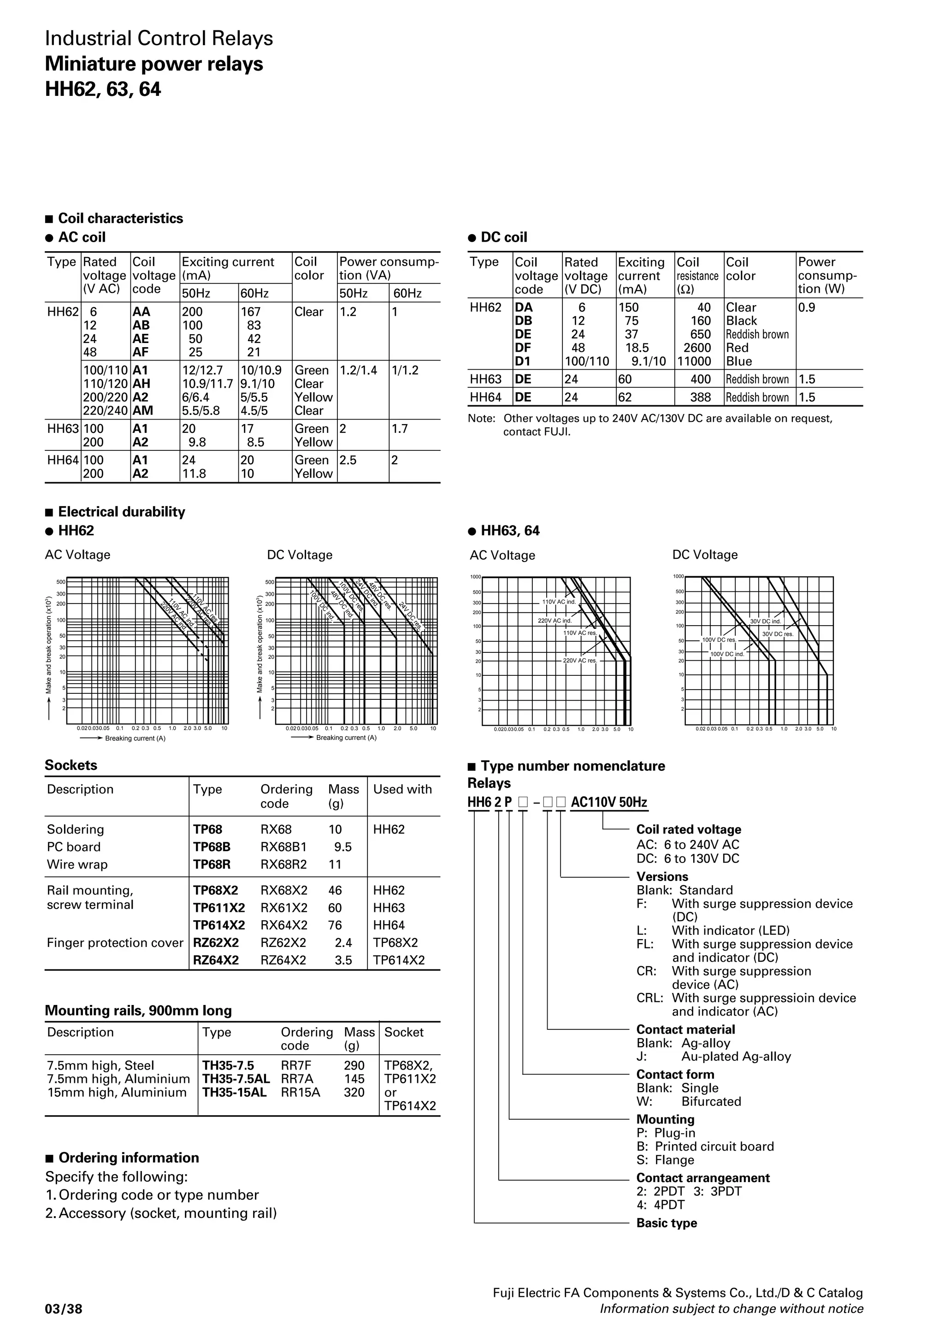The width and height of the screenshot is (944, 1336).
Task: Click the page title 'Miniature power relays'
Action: pyautogui.click(x=153, y=64)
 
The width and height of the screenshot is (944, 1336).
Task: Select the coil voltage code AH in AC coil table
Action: pyautogui.click(x=142, y=384)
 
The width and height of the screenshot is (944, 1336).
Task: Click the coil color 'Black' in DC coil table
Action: pyautogui.click(x=742, y=320)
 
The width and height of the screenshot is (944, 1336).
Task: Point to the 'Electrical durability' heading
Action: pyautogui.click(x=122, y=512)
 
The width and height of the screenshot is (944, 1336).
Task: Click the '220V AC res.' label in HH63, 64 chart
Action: pyautogui.click(x=580, y=661)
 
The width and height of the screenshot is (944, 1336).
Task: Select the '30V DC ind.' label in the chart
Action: pyautogui.click(x=766, y=621)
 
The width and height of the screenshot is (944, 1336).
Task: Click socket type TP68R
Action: pyautogui.click(x=212, y=865)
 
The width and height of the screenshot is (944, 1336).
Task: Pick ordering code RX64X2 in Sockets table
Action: pyautogui.click(x=283, y=925)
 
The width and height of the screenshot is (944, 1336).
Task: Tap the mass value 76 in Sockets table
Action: pyautogui.click(x=335, y=925)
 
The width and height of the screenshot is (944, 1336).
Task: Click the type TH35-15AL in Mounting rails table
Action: pyautogui.click(x=235, y=1092)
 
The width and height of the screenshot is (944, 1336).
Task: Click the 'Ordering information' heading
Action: pyautogui.click(x=129, y=1158)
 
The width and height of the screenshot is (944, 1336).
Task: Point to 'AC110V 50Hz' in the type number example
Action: pyautogui.click(x=609, y=803)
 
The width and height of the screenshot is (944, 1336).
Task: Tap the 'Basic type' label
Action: pyautogui.click(x=667, y=1223)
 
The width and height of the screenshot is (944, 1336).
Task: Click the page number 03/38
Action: pyautogui.click(x=64, y=1309)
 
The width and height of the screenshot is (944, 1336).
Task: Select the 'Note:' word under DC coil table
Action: pyautogui.click(x=482, y=419)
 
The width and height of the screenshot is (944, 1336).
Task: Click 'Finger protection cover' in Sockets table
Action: pyautogui.click(x=115, y=943)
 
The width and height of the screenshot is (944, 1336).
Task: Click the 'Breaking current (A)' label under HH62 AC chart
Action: pyautogui.click(x=135, y=739)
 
